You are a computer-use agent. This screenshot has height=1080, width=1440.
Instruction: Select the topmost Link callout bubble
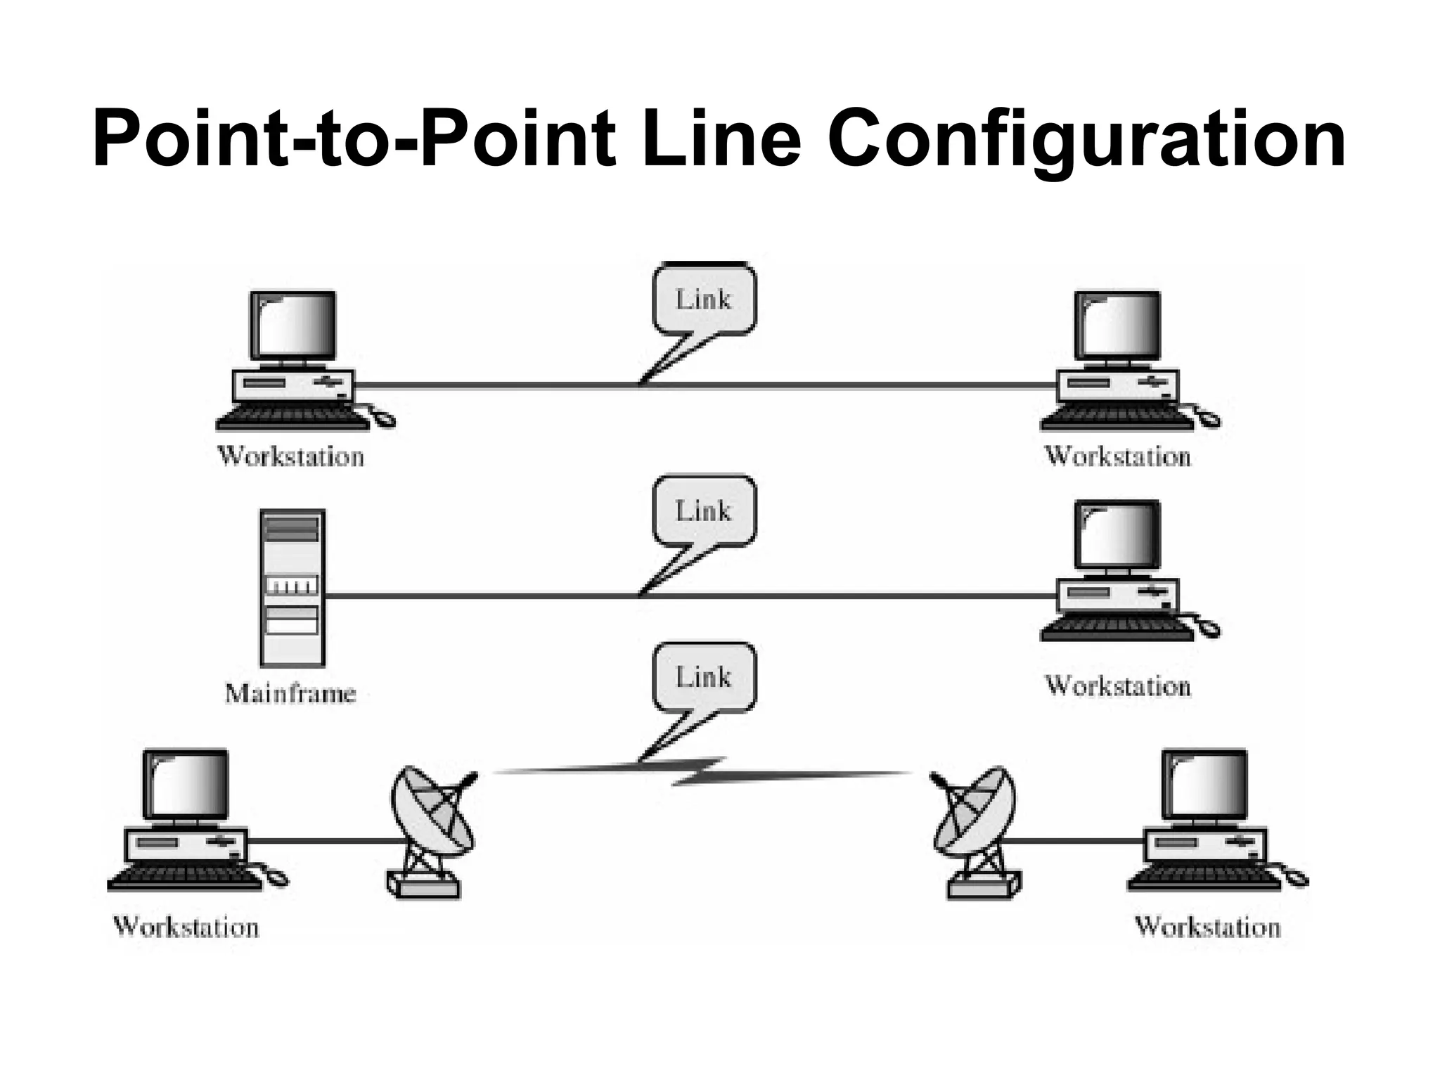704,300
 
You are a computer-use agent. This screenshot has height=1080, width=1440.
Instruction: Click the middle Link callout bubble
704,511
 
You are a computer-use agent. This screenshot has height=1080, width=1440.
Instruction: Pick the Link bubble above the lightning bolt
704,678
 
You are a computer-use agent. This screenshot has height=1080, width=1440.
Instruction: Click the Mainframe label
290,694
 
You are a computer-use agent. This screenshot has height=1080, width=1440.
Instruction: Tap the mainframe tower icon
292,588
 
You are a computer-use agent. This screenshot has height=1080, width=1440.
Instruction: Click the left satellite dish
430,830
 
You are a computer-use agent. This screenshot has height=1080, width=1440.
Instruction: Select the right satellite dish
977,830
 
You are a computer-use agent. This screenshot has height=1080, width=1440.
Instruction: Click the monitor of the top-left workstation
293,326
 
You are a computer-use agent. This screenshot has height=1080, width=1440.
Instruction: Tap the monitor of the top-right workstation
1118,326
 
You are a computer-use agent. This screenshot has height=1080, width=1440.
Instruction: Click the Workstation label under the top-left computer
290,457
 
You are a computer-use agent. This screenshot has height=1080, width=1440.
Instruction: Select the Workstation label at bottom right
1207,927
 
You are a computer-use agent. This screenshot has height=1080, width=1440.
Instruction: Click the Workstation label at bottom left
186,927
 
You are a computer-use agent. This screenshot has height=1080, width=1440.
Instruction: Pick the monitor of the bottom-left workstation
186,784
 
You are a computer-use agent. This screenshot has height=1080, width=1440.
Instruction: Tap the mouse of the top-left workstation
384,420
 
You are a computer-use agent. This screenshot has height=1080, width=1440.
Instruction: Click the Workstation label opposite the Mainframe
1117,686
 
